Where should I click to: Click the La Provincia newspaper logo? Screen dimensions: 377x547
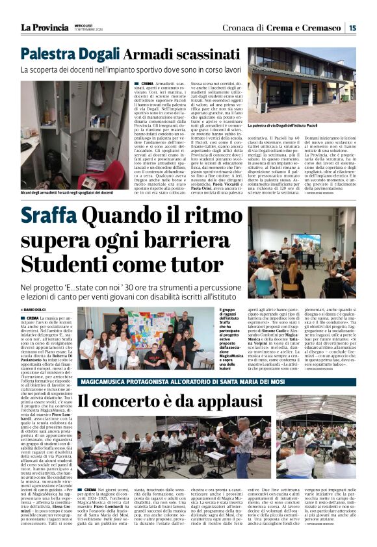(x=44, y=27)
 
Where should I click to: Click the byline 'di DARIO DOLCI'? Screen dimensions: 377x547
(x=34, y=309)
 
